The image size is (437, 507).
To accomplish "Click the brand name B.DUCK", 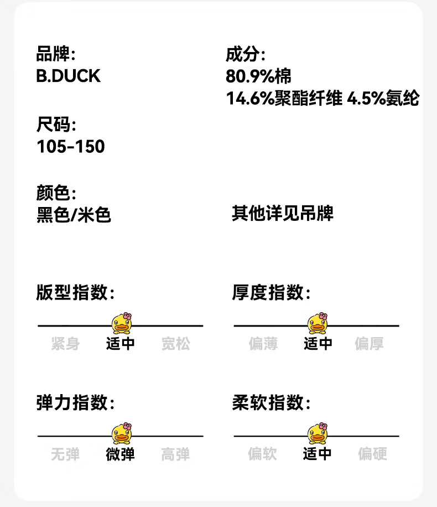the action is pos(68,76).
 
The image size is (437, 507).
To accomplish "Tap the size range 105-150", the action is pos(71,147).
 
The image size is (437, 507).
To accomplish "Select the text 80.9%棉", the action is pos(258,76).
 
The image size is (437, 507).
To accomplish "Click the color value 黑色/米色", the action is pos(74,215).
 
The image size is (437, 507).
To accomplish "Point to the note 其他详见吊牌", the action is pos(283,214).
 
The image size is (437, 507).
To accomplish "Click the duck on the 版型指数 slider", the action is pos(122,323).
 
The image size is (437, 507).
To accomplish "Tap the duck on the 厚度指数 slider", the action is pos(318,323).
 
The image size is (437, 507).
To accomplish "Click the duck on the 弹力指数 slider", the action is pos(122,433).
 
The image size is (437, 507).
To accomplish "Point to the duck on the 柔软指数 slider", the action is pos(318,433).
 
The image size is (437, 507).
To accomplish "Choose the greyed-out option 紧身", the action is pos(65,343).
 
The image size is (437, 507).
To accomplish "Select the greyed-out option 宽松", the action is pos(176,343).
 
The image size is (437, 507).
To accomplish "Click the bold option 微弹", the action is pos(120,454).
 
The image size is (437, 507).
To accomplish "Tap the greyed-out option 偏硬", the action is pos(372,454).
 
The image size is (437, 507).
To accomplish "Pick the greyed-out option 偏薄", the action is pos(263,343).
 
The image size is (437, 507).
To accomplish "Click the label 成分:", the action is pos(246,54).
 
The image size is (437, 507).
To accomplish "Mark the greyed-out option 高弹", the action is pos(175,454).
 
